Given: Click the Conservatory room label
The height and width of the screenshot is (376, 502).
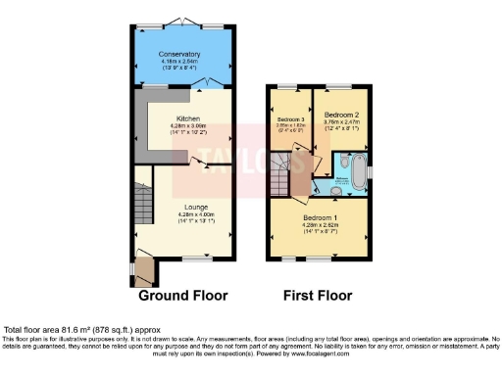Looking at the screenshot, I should click(183, 54).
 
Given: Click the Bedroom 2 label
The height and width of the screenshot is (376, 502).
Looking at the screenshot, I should click(342, 115).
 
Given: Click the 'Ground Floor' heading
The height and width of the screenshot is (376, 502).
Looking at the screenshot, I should click(182, 295).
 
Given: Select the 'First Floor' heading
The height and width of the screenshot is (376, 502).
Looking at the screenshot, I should click(318, 295).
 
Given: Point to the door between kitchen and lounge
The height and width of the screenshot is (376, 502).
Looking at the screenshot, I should click(202, 161).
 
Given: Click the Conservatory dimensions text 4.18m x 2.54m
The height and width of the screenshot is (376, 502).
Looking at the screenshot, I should click(183, 62).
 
